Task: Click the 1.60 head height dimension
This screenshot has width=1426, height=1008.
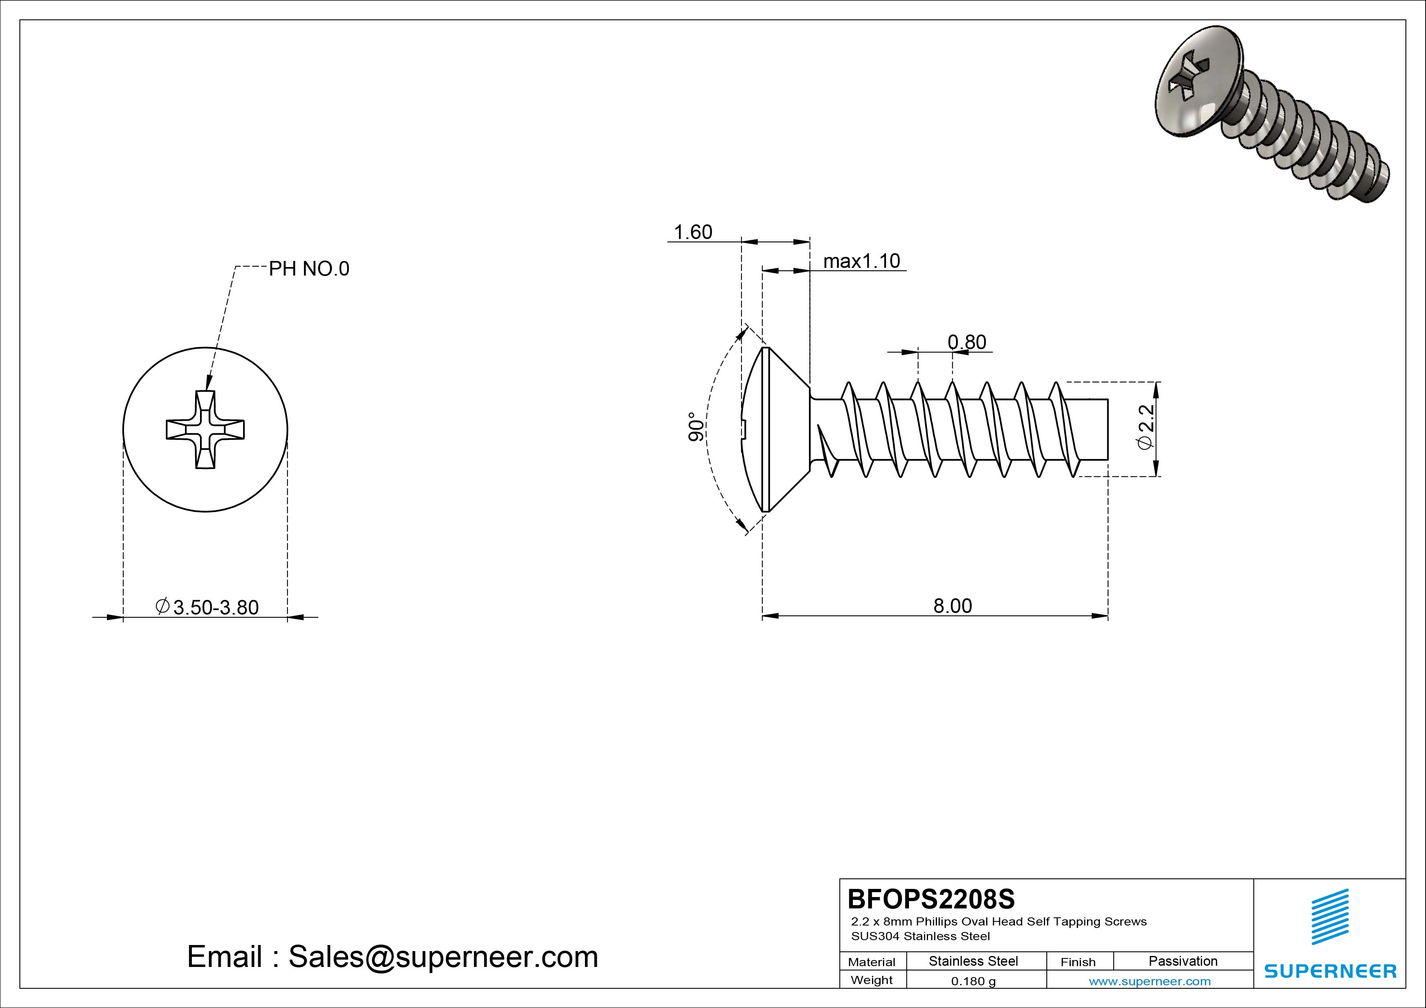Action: [x=693, y=232]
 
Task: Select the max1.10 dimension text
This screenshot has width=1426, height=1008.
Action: [x=861, y=261]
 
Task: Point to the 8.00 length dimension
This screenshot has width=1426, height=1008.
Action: [x=952, y=606]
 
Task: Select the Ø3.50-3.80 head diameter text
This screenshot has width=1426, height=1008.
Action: [x=207, y=607]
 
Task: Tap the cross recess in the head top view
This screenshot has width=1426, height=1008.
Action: [x=205, y=430]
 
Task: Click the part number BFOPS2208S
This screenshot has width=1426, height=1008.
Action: [x=930, y=899]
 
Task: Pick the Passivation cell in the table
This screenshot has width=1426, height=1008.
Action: [x=1183, y=961]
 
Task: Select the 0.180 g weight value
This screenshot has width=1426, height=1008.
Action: [x=973, y=981]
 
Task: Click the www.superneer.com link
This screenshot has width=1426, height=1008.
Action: [x=1150, y=981]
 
